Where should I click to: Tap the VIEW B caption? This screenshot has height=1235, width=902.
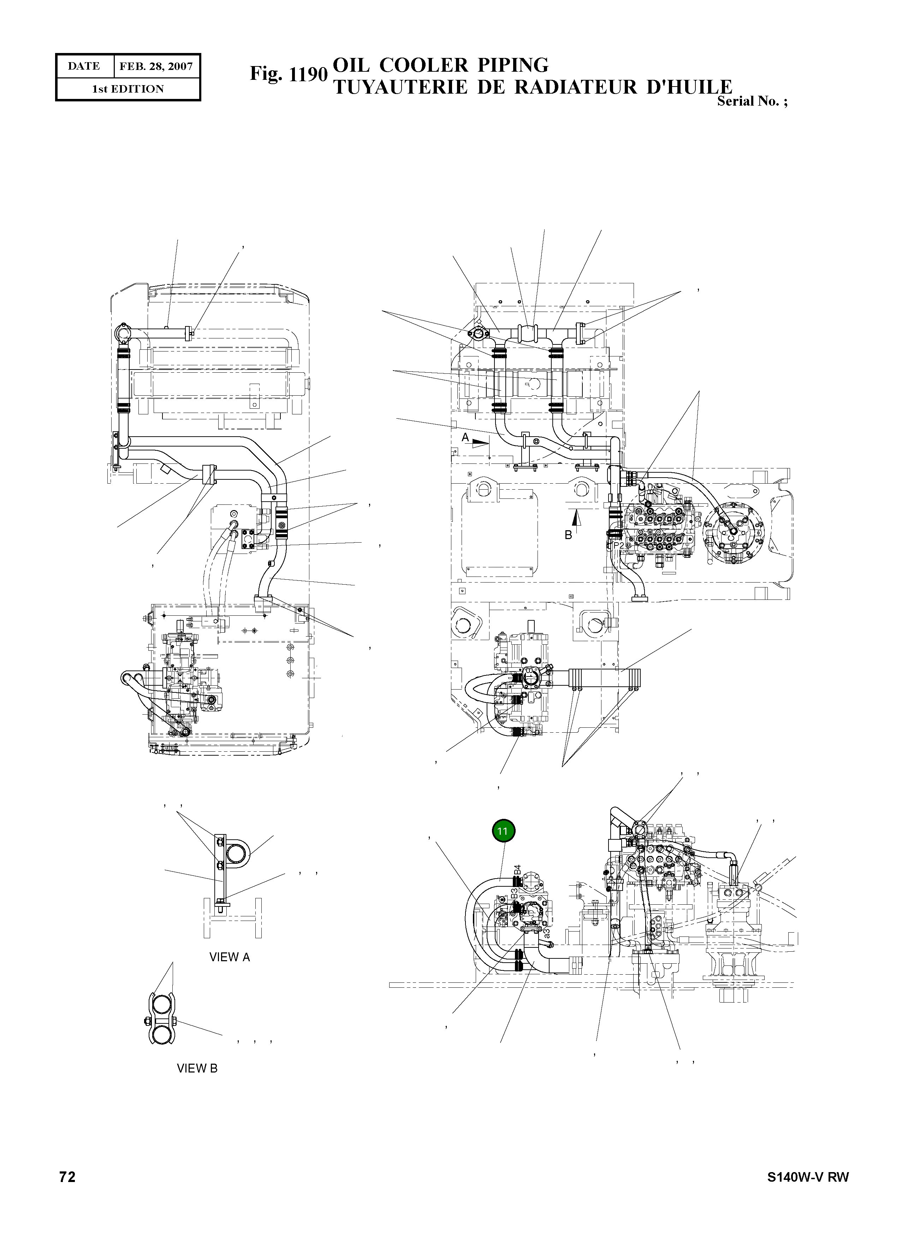click(197, 1068)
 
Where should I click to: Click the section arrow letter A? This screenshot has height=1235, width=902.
click(465, 437)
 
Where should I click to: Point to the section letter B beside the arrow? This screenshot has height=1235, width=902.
click(568, 535)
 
